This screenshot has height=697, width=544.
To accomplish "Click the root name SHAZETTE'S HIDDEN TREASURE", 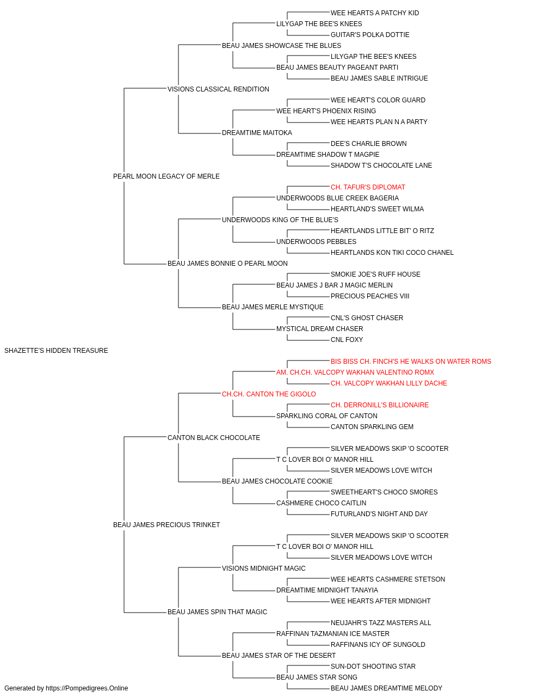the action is [x=56, y=351].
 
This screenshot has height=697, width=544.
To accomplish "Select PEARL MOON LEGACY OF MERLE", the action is [x=166, y=176].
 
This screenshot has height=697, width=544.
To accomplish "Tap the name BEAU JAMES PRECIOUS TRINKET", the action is [x=166, y=525].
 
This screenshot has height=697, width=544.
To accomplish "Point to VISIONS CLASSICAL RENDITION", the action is [x=218, y=89].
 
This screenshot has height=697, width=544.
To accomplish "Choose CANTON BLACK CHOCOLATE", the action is [x=214, y=437].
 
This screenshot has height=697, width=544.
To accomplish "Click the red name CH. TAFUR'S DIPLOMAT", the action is [x=368, y=187].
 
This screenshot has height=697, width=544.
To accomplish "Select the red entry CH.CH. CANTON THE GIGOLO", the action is [x=269, y=394].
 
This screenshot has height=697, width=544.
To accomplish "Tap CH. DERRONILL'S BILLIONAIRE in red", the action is [x=380, y=405].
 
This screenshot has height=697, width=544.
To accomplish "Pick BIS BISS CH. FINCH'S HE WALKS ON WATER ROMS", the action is [x=411, y=361].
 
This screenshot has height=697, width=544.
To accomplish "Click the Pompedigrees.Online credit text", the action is [x=66, y=688].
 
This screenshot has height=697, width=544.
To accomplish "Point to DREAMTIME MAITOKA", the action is [x=257, y=133].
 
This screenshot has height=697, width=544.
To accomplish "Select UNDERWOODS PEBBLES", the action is [x=316, y=242].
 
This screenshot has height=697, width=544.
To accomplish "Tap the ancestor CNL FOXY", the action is [x=347, y=340].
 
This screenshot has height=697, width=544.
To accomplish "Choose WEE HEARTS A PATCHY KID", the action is [x=375, y=13].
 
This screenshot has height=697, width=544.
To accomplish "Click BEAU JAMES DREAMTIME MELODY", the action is [x=386, y=688].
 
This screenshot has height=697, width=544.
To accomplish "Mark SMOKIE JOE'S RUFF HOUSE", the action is [x=375, y=274].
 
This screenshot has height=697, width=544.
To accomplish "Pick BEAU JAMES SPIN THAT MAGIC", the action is [x=217, y=612].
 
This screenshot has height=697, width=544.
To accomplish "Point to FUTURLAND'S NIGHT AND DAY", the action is [x=379, y=514].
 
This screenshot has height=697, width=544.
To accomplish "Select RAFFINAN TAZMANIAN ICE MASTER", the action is [x=333, y=634].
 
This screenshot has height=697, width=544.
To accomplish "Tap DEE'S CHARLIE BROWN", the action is [x=368, y=144].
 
